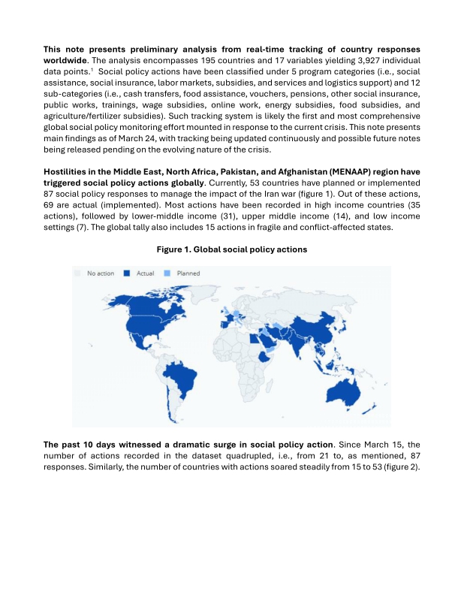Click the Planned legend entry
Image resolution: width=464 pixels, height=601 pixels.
186,273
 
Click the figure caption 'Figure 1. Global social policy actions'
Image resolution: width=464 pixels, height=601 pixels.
232,249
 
